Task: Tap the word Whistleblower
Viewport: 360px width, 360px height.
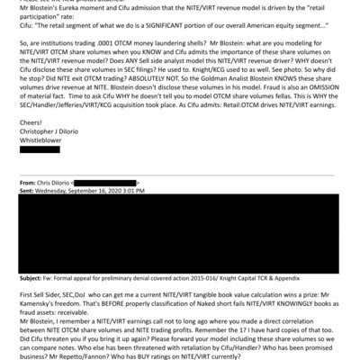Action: click(x=43, y=142)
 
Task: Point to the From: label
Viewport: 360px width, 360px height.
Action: click(x=29, y=183)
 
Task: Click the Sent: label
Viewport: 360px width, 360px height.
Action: click(x=28, y=192)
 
